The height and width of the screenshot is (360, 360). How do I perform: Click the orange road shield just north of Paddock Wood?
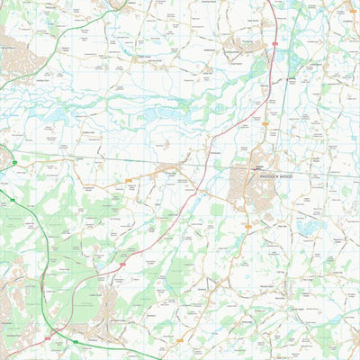[265, 123]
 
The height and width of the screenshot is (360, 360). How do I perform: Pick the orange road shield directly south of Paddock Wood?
[249, 227]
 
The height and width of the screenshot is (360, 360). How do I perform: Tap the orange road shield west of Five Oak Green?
[129, 180]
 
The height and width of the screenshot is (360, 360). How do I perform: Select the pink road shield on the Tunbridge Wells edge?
[47, 337]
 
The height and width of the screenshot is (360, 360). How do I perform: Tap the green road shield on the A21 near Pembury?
[76, 342]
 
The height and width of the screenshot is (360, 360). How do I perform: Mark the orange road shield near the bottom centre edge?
[184, 340]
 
